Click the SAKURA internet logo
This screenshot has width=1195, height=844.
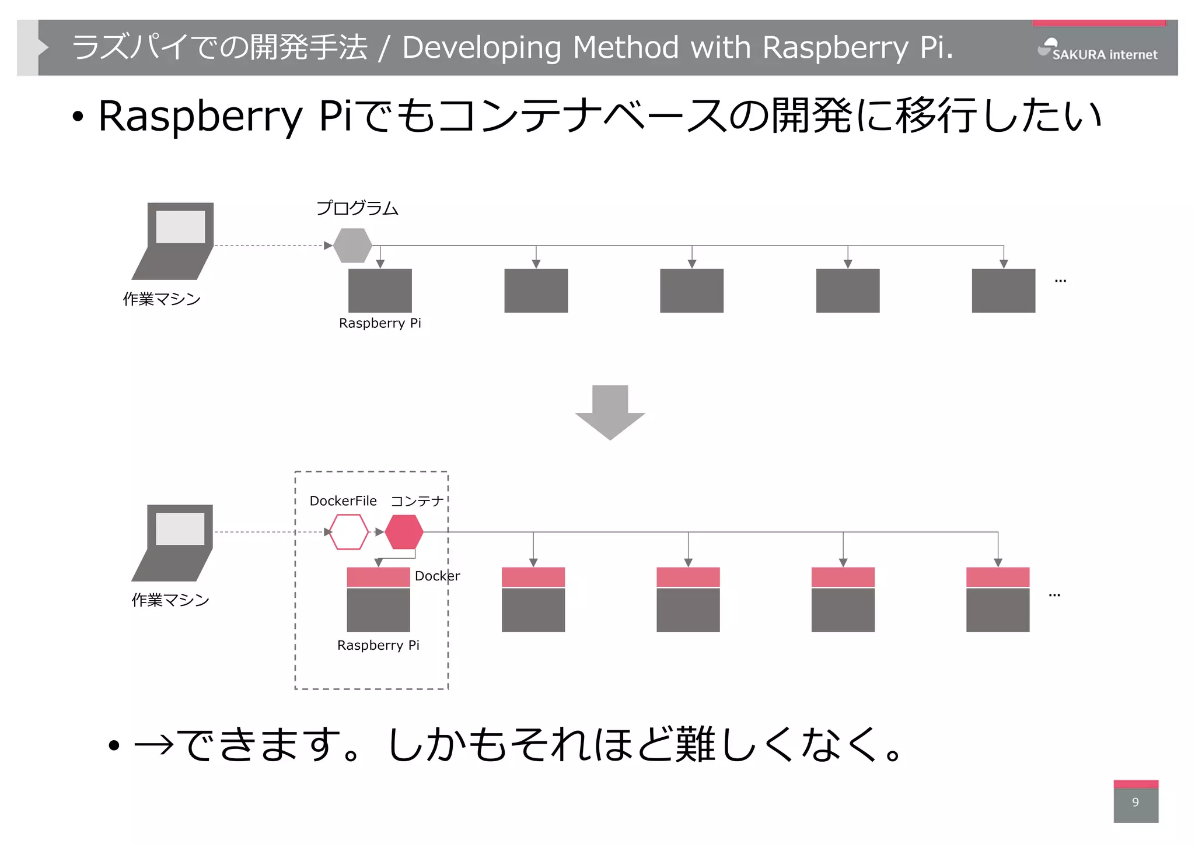[1098, 51]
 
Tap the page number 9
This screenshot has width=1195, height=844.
[1135, 802]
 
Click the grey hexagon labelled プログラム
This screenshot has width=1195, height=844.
[352, 246]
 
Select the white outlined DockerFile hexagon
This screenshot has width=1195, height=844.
[349, 532]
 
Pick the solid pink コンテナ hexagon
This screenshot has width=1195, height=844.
[404, 532]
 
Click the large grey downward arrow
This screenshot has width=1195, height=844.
[610, 411]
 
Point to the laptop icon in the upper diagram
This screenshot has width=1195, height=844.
[174, 241]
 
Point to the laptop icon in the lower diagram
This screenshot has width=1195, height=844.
[173, 542]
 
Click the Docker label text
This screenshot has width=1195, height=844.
[437, 576]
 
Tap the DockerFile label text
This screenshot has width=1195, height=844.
[343, 501]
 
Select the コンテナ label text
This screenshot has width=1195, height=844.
[417, 501]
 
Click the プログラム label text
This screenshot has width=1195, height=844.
[357, 208]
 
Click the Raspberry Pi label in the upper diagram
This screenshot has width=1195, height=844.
[380, 323]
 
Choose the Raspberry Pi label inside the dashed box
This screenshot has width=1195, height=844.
[378, 645]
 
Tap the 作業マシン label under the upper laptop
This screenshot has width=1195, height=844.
[162, 299]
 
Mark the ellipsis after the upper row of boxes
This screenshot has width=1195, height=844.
[1060, 281]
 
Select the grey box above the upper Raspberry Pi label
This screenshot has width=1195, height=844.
[380, 290]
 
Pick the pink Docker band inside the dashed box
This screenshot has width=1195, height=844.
[378, 577]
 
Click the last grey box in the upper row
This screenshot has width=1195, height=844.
[1003, 290]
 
